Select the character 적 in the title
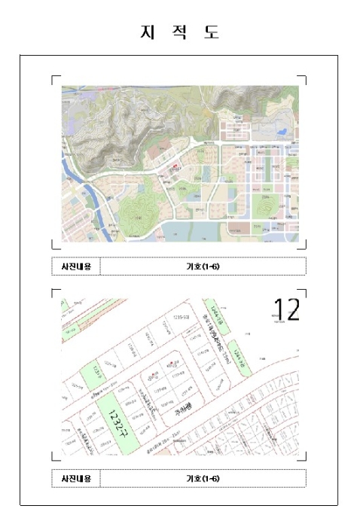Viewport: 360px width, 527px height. (181, 32)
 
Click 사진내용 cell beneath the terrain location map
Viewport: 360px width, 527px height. (75, 267)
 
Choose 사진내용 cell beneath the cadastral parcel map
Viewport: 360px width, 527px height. (75, 478)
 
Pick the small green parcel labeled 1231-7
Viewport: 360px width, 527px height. (95, 374)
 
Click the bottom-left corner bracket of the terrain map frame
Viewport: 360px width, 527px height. (53, 245)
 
